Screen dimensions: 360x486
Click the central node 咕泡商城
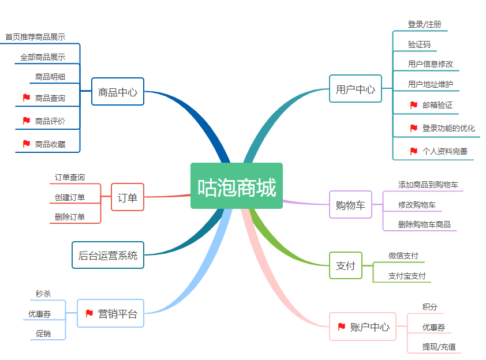[x=237, y=186]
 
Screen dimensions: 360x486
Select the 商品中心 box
[x=118, y=92]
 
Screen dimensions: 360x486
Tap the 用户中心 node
[x=356, y=89]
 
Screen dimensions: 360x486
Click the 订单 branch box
[x=128, y=197]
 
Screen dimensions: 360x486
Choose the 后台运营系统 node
[x=108, y=255]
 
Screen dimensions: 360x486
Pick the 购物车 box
[x=350, y=205]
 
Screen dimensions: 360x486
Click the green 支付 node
[x=346, y=266]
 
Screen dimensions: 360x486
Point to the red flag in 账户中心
[x=341, y=327]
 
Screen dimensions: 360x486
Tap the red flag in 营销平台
[x=89, y=313]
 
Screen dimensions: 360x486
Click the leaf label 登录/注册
[x=424, y=24]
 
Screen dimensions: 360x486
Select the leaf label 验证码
[x=419, y=44]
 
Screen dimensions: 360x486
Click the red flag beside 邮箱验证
[x=413, y=105]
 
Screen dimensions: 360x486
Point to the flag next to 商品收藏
[x=26, y=144]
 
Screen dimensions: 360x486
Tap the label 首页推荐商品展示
[x=35, y=36]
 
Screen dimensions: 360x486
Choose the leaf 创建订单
[x=70, y=197]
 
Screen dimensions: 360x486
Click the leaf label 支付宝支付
[x=407, y=276]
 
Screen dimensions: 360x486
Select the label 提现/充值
[x=439, y=347]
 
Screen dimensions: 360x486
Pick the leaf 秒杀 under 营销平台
[x=43, y=294]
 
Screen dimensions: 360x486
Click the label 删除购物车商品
[x=424, y=224]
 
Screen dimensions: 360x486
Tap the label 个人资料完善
[x=444, y=151]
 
